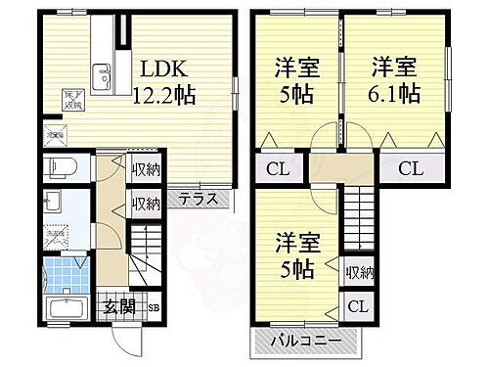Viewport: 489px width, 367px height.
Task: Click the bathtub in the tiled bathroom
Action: point(67,312)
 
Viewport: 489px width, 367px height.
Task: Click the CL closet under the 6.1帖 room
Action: point(410,167)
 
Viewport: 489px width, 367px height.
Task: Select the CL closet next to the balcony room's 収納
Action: point(358,306)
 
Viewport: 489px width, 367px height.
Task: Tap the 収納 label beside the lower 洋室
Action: point(359,272)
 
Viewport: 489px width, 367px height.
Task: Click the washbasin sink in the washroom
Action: point(53,203)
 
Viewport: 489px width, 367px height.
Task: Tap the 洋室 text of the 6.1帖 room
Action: point(395,69)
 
